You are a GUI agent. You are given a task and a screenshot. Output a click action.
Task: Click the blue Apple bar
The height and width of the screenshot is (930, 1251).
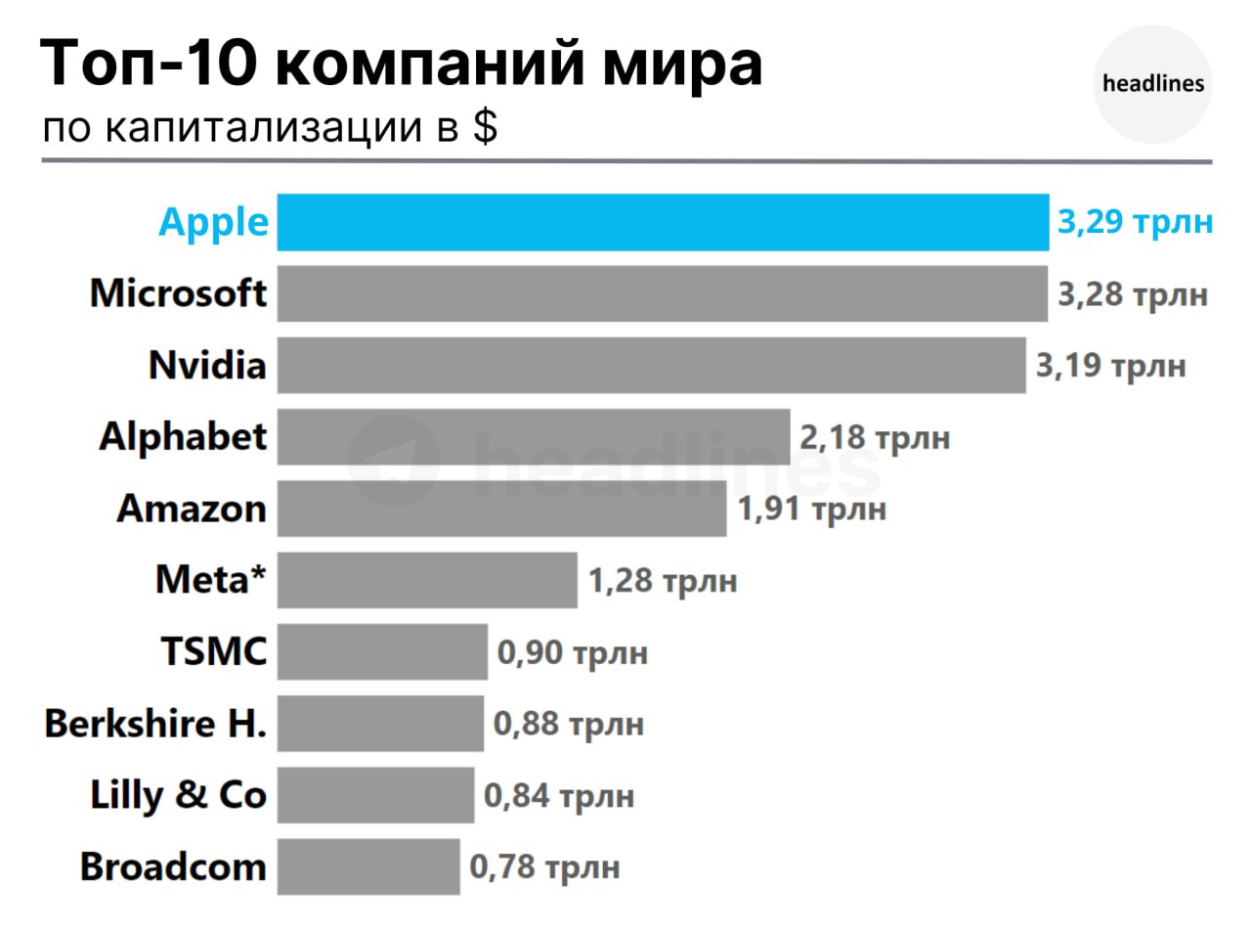pyautogui.click(x=663, y=222)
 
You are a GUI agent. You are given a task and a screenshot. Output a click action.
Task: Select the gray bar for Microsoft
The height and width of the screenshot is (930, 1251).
pyautogui.click(x=662, y=293)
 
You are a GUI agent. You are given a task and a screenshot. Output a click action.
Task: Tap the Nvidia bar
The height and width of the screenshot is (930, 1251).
pyautogui.click(x=651, y=365)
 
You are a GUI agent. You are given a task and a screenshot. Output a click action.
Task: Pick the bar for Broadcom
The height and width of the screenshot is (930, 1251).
pyautogui.click(x=368, y=866)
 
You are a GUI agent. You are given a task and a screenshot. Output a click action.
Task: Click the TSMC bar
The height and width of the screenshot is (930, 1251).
pyautogui.click(x=382, y=651)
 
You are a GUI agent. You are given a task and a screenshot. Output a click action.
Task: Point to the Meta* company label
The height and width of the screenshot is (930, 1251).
pyautogui.click(x=210, y=580)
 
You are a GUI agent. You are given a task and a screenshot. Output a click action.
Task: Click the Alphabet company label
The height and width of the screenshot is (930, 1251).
pyautogui.click(x=183, y=436)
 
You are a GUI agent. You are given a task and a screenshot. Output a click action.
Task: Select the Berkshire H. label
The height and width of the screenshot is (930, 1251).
pyautogui.click(x=155, y=724)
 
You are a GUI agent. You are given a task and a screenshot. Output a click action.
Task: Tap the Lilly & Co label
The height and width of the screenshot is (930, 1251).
pyautogui.click(x=178, y=795)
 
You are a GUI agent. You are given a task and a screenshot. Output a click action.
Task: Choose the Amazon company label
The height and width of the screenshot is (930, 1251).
pyautogui.click(x=192, y=509)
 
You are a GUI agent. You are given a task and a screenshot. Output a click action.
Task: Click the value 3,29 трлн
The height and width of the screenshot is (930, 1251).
pyautogui.click(x=1135, y=222)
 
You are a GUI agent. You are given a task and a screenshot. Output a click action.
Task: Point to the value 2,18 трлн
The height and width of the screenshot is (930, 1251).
pyautogui.click(x=875, y=437)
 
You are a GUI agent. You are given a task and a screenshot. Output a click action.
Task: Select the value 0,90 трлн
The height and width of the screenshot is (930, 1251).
pyautogui.click(x=573, y=652)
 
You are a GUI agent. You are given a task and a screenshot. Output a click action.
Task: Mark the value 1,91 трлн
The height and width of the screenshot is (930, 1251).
pyautogui.click(x=812, y=509)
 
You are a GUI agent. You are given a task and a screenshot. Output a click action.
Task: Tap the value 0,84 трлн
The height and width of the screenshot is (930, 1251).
pyautogui.click(x=559, y=796)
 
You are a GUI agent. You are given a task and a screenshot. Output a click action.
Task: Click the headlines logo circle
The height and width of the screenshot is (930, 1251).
pyautogui.click(x=1153, y=84)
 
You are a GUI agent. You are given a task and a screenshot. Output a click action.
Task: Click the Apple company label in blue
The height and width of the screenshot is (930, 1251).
pyautogui.click(x=213, y=222)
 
